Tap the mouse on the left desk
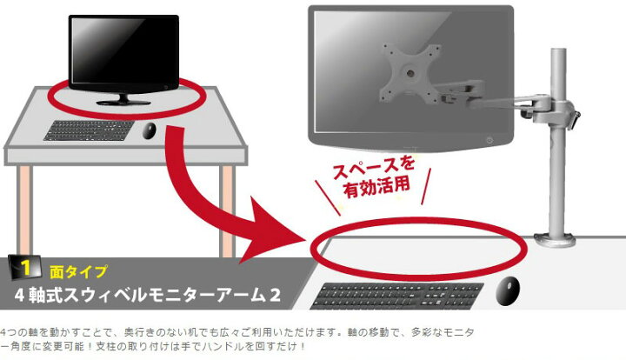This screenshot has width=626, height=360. click(150, 130)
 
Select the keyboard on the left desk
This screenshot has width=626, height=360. click(90, 130)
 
